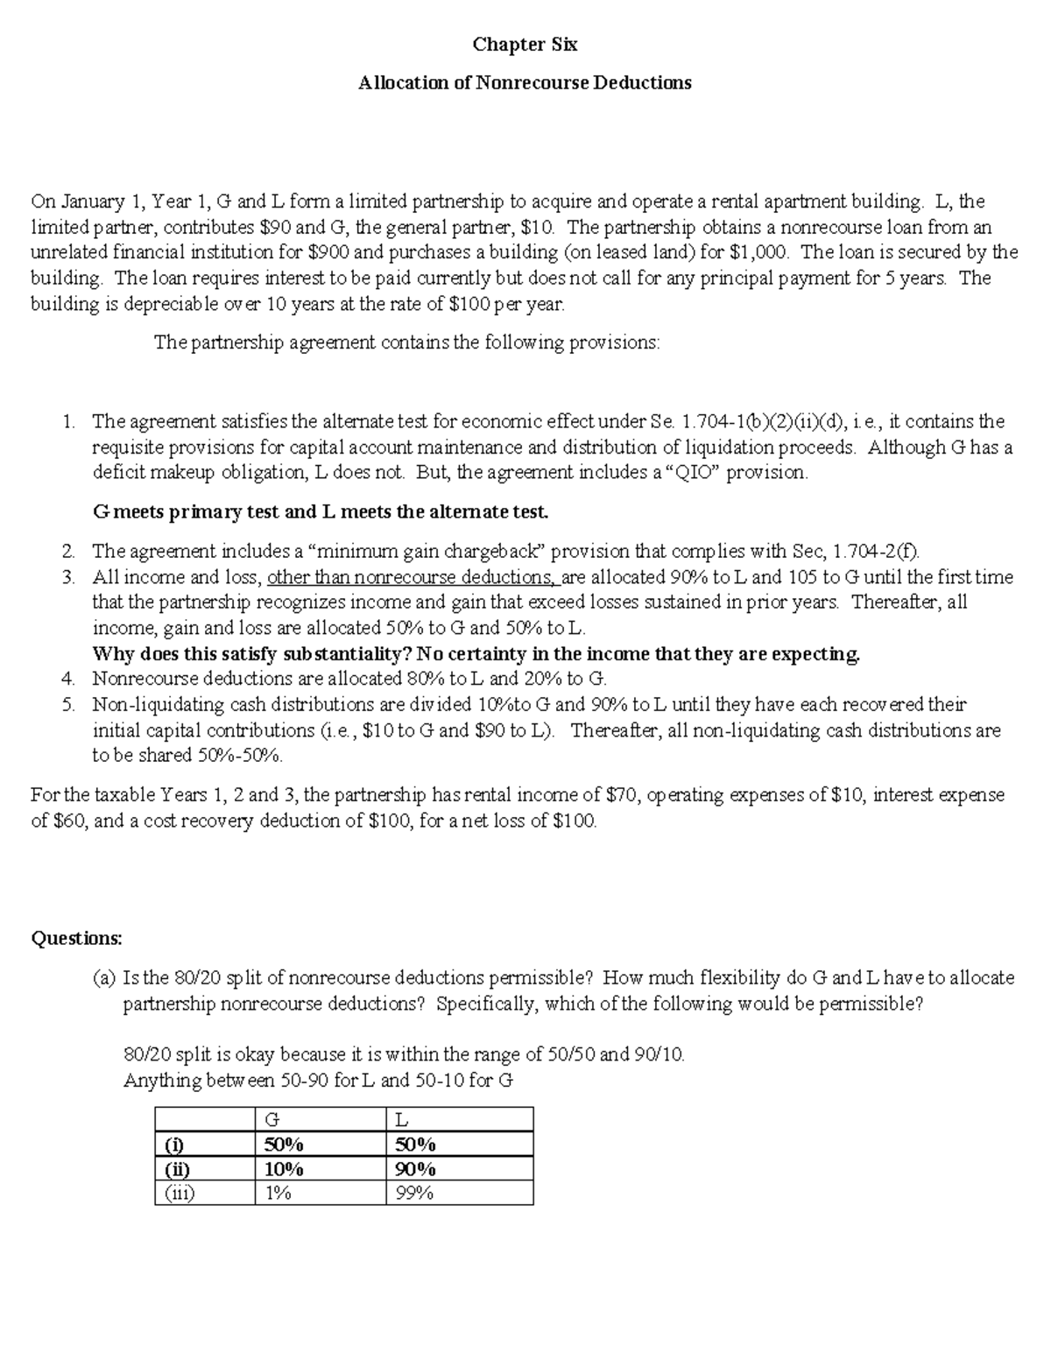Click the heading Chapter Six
(x=525, y=44)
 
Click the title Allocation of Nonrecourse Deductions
(x=525, y=82)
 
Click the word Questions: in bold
(x=77, y=938)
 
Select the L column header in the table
(x=402, y=1119)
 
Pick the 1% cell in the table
(x=279, y=1193)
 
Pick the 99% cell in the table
(x=414, y=1193)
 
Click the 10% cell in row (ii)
(x=283, y=1169)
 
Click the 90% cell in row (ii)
(x=415, y=1169)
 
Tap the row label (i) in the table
(x=174, y=1145)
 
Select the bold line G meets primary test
(x=320, y=511)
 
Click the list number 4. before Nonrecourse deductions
(x=69, y=679)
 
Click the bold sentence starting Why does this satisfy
(x=476, y=654)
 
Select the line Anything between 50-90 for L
(x=318, y=1081)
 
